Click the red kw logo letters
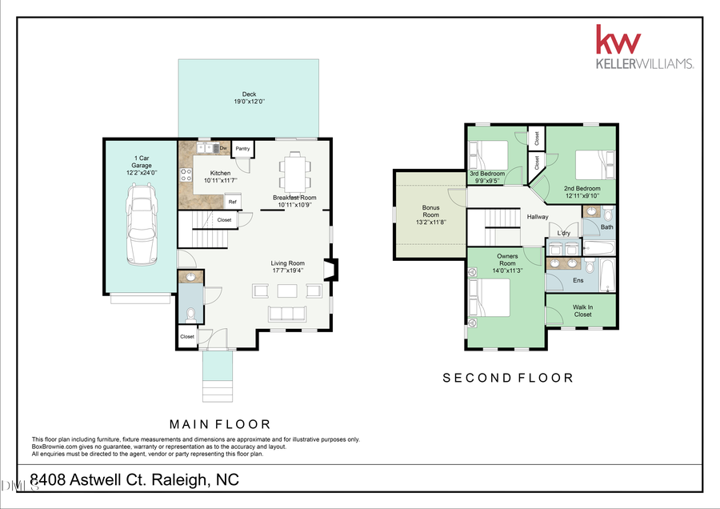pos(618,39)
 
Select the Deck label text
pos(249,94)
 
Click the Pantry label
pos(243,148)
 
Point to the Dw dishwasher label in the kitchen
pos(223,148)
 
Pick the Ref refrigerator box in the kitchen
pos(233,202)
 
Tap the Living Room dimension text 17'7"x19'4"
pos(288,271)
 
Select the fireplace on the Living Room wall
pos(330,270)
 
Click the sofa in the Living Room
pos(286,313)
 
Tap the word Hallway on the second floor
pos(537,217)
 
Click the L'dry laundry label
pos(564,234)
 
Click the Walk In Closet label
pos(582,311)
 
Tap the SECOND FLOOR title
pos(508,378)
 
